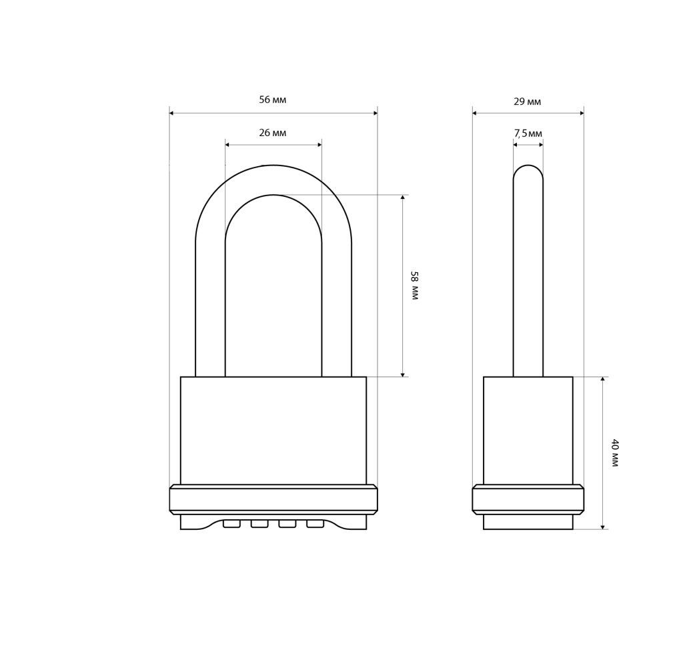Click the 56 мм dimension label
click(273, 99)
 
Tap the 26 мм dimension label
click(273, 133)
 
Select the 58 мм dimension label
click(414, 286)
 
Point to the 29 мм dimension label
click(528, 101)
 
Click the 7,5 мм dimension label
click(528, 133)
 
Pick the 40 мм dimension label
click(614, 453)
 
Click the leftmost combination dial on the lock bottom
click(231, 523)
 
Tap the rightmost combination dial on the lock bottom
click(315, 523)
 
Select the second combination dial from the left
click(259, 523)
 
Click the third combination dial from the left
click(287, 523)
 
